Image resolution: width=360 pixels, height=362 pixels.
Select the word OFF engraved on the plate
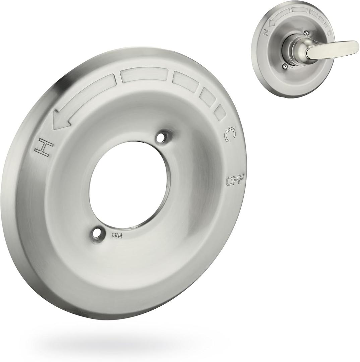click(235, 181)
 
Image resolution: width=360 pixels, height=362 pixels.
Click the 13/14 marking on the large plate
click(117, 235)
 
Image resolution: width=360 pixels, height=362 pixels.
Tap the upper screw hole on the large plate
click(163, 137)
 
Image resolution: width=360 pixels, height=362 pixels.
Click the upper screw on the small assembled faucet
click(306, 33)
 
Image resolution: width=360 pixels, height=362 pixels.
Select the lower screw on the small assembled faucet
click(285, 66)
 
